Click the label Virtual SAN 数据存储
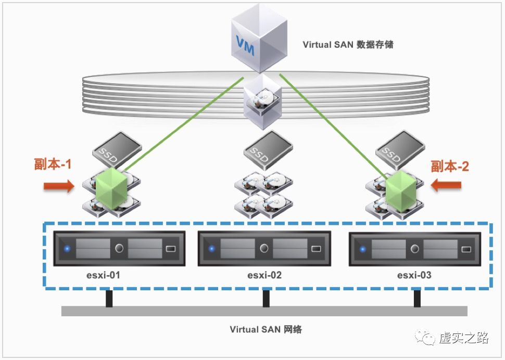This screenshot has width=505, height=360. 348,44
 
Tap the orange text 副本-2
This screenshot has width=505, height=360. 450,166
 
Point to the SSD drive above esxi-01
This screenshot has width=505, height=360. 117,148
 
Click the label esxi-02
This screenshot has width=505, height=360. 264,275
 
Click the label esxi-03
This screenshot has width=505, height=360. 414,275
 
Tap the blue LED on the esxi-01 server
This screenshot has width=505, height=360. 67,249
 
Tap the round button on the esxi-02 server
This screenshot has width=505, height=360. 264,248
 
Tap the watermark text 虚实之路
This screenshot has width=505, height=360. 464,338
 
